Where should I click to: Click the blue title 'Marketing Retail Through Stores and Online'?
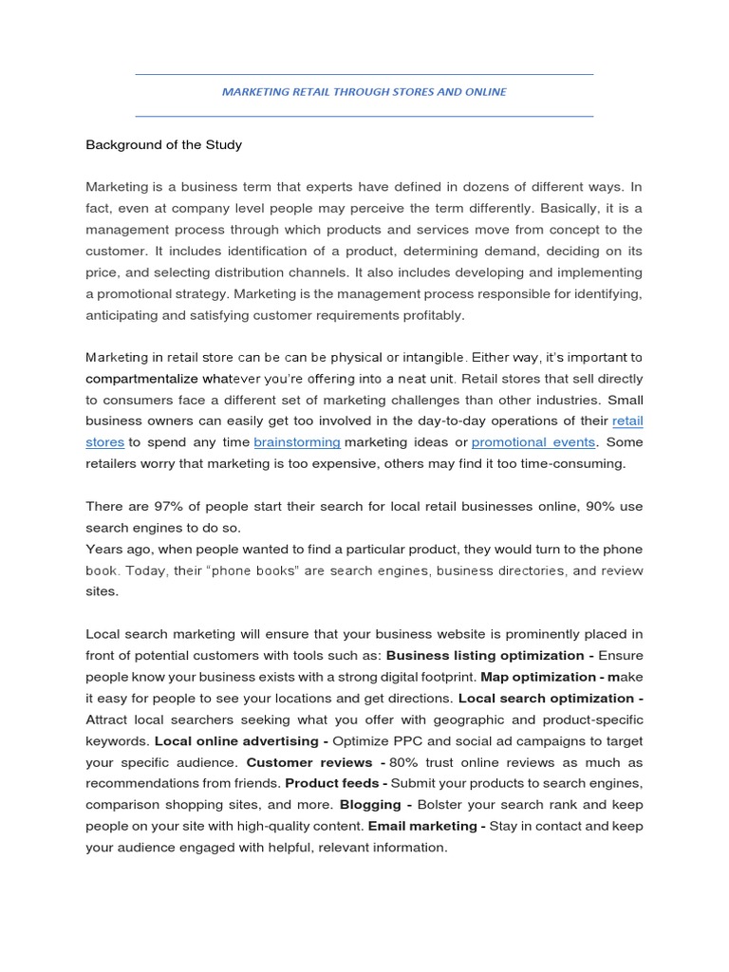[x=364, y=92]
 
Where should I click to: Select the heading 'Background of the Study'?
[x=163, y=145]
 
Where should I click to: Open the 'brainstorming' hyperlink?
[x=297, y=442]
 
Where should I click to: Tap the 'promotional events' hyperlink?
[x=533, y=442]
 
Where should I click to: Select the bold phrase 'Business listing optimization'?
[x=482, y=656]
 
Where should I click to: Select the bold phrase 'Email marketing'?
[x=423, y=826]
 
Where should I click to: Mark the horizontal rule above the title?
[x=364, y=74]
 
